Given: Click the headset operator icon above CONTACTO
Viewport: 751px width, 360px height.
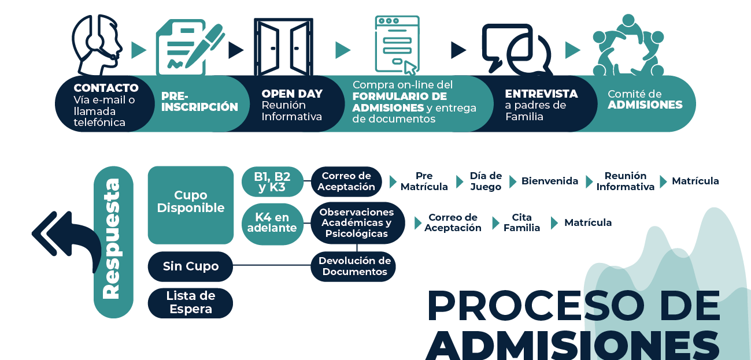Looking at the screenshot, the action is click(97, 45).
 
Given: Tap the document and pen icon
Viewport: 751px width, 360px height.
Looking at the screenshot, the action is click(190, 47).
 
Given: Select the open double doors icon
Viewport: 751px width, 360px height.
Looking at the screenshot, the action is click(284, 47).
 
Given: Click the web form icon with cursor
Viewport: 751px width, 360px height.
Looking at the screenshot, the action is click(397, 45).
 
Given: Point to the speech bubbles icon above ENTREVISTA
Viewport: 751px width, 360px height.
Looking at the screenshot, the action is click(517, 49).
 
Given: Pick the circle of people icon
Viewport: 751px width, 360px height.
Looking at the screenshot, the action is click(628, 45).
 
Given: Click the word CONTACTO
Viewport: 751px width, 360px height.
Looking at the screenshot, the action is click(106, 88).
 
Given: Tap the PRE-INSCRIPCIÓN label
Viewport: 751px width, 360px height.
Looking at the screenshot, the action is click(199, 102).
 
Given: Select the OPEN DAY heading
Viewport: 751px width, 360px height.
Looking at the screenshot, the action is click(292, 94).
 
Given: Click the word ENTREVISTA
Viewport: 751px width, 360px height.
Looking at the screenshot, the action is click(542, 94).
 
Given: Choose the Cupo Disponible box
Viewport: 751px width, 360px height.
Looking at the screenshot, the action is click(191, 205).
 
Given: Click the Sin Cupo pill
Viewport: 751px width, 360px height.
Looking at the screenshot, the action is click(190, 266).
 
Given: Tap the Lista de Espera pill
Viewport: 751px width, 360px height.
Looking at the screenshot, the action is click(190, 303).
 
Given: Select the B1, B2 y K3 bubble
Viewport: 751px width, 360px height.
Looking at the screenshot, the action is click(272, 181).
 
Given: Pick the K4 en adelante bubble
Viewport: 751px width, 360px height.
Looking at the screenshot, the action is click(272, 223).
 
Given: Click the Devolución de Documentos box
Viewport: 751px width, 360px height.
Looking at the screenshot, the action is click(354, 266).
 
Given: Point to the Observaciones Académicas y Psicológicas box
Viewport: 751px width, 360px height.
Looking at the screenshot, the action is click(357, 223).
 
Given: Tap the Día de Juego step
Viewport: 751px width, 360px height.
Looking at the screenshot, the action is click(486, 181).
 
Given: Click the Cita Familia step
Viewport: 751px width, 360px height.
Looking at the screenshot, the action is click(521, 222).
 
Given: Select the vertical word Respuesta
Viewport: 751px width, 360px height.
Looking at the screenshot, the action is click(112, 239).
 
